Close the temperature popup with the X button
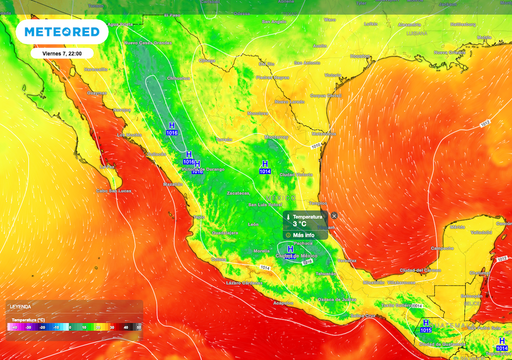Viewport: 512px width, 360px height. tap(335, 214)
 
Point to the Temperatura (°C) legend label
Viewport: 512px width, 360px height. tap(32, 317)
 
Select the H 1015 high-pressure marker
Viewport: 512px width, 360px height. tap(426, 325)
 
